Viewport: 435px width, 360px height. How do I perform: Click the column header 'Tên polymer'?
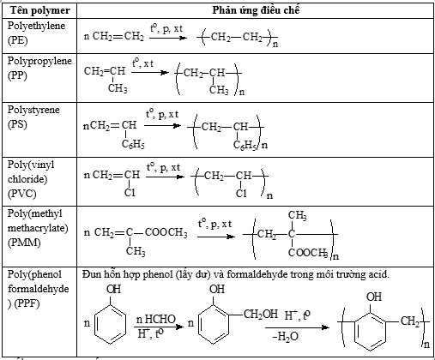pyautogui.click(x=39, y=10)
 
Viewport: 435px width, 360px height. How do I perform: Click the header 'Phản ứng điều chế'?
pyautogui.click(x=256, y=10)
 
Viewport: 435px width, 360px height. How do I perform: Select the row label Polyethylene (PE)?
pyautogui.click(x=36, y=33)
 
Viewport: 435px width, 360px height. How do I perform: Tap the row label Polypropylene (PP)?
pyautogui.click(x=39, y=68)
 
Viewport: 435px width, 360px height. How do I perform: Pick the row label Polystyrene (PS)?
pyautogui.click(x=33, y=117)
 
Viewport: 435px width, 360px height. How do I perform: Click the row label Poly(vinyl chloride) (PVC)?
pyautogui.click(x=31, y=179)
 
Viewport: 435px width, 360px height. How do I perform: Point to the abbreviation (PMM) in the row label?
pyautogui.click(x=24, y=243)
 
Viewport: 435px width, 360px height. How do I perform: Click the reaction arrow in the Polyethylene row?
pyautogui.click(x=168, y=38)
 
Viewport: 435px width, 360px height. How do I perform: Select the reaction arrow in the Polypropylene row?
pyautogui.click(x=150, y=72)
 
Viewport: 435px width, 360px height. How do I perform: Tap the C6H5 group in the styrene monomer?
pyautogui.click(x=133, y=144)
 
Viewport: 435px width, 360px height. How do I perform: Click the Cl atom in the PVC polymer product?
pyautogui.click(x=241, y=194)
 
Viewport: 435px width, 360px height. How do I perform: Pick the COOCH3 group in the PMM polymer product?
pyautogui.click(x=308, y=253)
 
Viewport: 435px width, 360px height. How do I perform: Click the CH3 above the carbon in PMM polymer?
pyautogui.click(x=298, y=215)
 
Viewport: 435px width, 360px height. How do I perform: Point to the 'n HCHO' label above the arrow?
pyautogui.click(x=155, y=319)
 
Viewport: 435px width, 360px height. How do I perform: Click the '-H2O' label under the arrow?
pyautogui.click(x=286, y=336)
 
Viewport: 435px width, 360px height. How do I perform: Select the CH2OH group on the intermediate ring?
pyautogui.click(x=261, y=315)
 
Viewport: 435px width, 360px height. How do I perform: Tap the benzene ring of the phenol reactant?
pyautogui.click(x=110, y=325)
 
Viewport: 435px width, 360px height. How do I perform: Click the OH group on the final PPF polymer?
pyautogui.click(x=374, y=297)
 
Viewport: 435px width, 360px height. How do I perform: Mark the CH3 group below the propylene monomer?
pyautogui.click(x=118, y=88)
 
